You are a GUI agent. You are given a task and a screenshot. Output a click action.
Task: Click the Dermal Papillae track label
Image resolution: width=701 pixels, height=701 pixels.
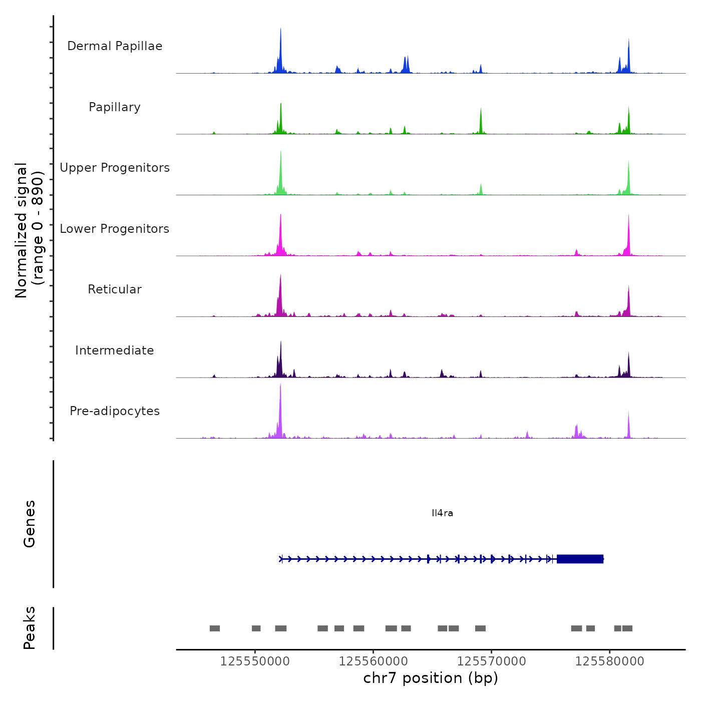click(x=115, y=46)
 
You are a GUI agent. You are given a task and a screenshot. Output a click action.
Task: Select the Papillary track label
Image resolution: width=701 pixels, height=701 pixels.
click(x=115, y=107)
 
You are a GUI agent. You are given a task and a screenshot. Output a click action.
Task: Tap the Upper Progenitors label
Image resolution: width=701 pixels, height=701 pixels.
click(x=115, y=168)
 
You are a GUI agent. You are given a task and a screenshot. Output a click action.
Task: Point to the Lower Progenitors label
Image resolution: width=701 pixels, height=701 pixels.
click(x=115, y=229)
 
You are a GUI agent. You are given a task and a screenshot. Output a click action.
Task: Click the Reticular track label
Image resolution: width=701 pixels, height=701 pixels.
click(x=115, y=289)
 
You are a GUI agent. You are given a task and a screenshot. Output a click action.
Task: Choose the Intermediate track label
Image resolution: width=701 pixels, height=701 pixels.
click(x=115, y=350)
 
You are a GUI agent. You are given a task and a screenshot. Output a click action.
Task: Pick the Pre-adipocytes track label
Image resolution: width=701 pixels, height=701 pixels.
click(x=115, y=411)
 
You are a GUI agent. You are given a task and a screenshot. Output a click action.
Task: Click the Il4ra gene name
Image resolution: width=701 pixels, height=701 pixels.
click(x=442, y=513)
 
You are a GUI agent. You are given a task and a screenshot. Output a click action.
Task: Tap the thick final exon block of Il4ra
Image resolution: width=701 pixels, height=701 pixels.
click(x=580, y=559)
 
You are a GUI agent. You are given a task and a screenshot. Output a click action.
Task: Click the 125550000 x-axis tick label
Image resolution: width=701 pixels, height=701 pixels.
click(x=255, y=661)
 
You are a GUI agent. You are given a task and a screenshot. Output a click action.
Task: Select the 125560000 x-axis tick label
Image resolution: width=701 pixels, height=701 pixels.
click(x=373, y=661)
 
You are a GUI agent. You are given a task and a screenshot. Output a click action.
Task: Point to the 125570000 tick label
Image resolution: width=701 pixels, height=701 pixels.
click(x=491, y=661)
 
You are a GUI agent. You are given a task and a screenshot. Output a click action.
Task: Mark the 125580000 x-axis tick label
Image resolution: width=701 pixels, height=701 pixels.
click(x=609, y=661)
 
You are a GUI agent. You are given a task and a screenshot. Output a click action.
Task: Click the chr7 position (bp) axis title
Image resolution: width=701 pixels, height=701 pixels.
click(x=431, y=678)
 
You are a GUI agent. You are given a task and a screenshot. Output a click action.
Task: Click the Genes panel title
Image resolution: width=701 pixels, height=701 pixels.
click(x=30, y=524)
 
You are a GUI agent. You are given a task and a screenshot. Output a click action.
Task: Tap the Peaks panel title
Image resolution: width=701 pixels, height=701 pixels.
click(x=30, y=628)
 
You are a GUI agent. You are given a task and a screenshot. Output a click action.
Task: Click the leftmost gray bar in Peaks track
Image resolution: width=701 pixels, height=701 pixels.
click(x=215, y=628)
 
